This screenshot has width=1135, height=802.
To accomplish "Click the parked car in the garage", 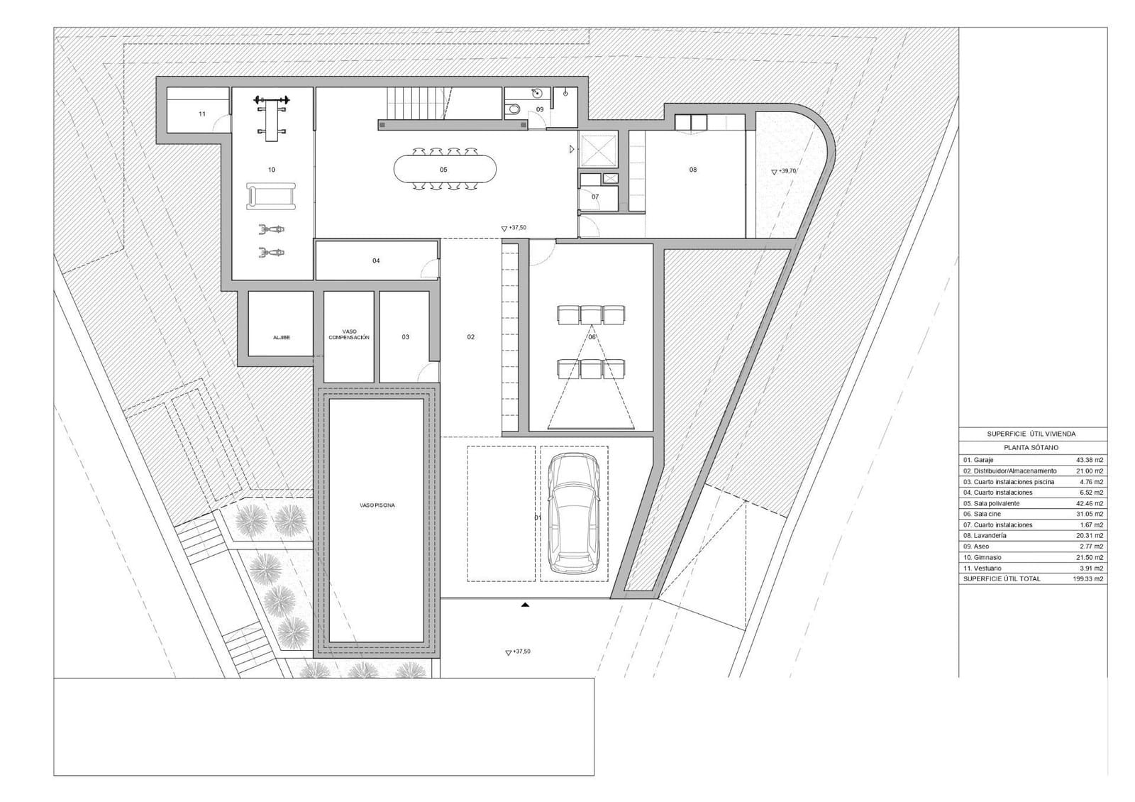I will tap(574, 515).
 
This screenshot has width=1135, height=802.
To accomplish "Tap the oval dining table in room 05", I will tap(445, 170).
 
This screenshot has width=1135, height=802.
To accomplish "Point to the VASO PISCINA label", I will tap(377, 505).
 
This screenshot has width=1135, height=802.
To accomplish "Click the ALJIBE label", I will tap(282, 337).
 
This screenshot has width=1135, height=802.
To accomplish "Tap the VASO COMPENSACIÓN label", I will tap(349, 334).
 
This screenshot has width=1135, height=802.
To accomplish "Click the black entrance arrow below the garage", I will tap(525, 605).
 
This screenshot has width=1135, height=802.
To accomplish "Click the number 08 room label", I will tap(693, 170).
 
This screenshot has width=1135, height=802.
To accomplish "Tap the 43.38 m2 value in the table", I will tap(1089, 460).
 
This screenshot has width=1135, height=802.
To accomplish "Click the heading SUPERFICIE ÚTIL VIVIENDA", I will tap(1031, 434).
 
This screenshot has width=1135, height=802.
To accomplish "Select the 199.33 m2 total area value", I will tap(1089, 579).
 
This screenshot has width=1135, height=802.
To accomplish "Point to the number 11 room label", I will tap(202, 114).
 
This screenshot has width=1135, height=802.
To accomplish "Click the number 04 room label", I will tap(376, 261).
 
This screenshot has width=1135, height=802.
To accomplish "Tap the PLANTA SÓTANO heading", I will tap(1031, 448).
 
